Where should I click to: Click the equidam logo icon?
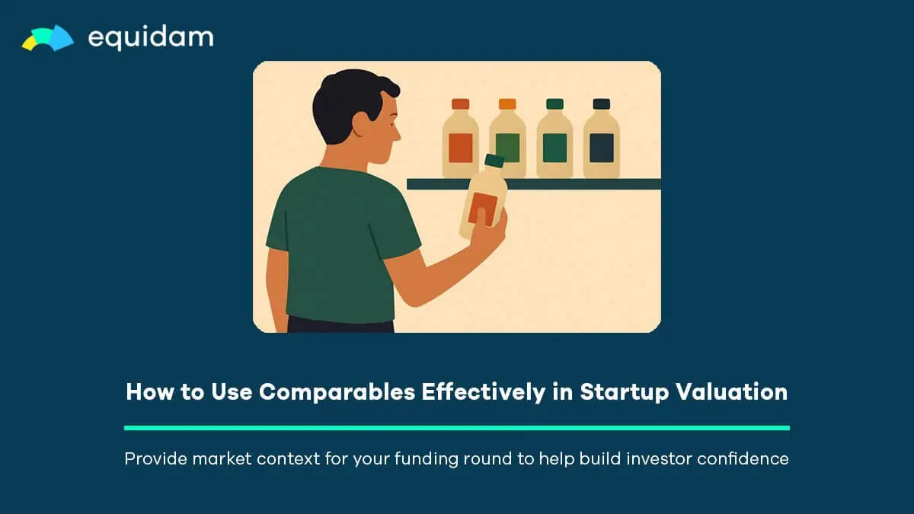[x=48, y=38]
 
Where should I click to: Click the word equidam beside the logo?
[x=151, y=38]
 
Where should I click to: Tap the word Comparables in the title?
[x=337, y=391]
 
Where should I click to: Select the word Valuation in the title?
[x=732, y=391]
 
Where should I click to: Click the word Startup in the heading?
[x=625, y=392]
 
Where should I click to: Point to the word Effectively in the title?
[x=484, y=392]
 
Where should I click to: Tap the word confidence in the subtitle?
[x=743, y=458]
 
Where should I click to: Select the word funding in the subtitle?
[x=426, y=459]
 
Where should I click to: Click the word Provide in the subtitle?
[x=155, y=458]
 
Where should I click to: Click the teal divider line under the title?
[x=457, y=428]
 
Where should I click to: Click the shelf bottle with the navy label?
[x=602, y=138]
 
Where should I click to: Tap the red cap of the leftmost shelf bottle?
[x=460, y=104]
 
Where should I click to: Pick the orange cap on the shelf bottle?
[x=507, y=104]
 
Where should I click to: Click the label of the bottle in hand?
[x=483, y=209]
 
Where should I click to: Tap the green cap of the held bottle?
[x=494, y=161]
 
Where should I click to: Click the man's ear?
[x=360, y=124]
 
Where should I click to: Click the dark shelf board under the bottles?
[x=534, y=184]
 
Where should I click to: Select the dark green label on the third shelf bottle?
[x=554, y=148]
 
